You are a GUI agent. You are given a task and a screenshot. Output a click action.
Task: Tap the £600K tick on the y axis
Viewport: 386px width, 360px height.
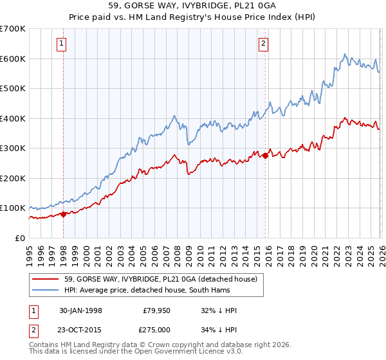click(x=13, y=59)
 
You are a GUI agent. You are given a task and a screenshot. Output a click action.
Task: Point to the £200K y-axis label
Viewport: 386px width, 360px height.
click(x=13, y=178)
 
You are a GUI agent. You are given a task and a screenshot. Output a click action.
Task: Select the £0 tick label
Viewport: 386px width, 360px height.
click(x=20, y=238)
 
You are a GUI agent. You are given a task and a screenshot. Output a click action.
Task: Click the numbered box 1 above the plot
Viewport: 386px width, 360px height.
click(x=61, y=44)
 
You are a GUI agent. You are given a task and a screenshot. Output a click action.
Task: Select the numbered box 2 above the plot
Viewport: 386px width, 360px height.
click(x=264, y=44)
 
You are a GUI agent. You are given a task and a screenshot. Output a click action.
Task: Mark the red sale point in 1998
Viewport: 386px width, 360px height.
click(x=64, y=214)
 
